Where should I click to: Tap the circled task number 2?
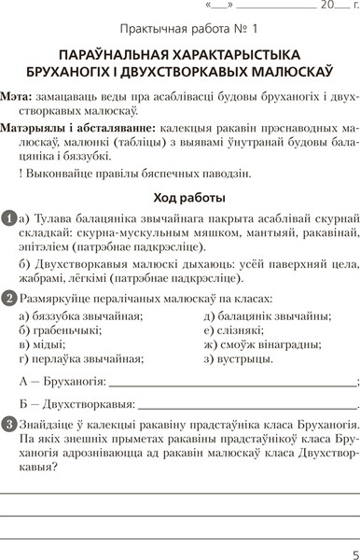point(8,298)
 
